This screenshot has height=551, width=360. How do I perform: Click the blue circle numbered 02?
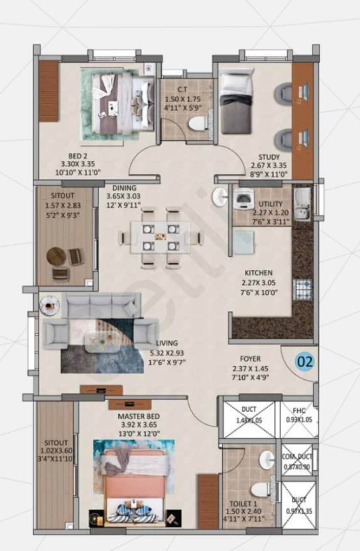click(305, 362)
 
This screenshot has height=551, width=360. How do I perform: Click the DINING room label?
click(124, 187)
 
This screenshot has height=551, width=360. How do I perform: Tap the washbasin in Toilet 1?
click(266, 460)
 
